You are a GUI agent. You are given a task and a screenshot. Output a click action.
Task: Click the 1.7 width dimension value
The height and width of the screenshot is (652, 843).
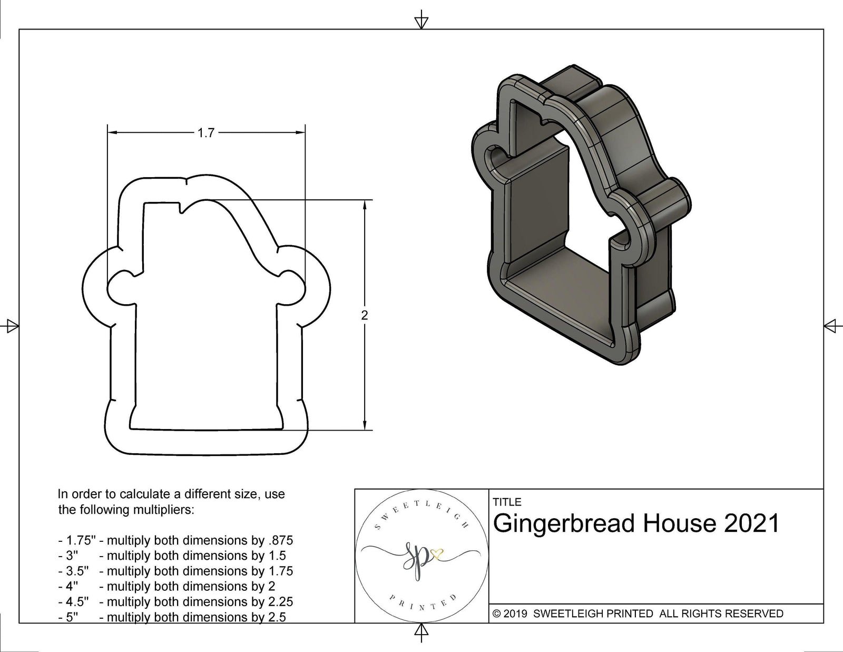206,133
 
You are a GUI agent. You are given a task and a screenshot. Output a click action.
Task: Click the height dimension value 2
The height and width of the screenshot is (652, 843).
365,315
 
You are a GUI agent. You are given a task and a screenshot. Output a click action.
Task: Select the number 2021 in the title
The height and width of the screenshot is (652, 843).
752,523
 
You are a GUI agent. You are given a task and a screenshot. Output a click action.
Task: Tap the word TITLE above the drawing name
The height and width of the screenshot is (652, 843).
507,502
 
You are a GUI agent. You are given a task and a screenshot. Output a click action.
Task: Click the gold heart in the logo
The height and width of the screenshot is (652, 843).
437,553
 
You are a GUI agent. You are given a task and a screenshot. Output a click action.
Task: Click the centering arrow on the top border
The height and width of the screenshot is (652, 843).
421,22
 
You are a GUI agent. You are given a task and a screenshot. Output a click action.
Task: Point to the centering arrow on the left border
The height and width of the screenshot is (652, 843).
12,326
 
